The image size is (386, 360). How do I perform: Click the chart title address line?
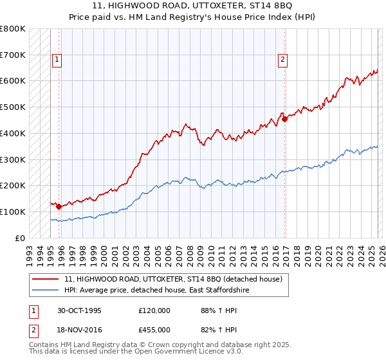pos(192,6)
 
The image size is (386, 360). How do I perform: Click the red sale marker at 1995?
pos(59,206)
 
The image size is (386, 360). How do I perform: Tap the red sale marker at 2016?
pos(284,118)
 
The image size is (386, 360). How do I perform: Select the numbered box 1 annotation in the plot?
pos(57,60)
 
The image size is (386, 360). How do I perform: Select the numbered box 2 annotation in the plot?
pos(282,60)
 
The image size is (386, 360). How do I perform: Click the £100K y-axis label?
pos(13,212)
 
